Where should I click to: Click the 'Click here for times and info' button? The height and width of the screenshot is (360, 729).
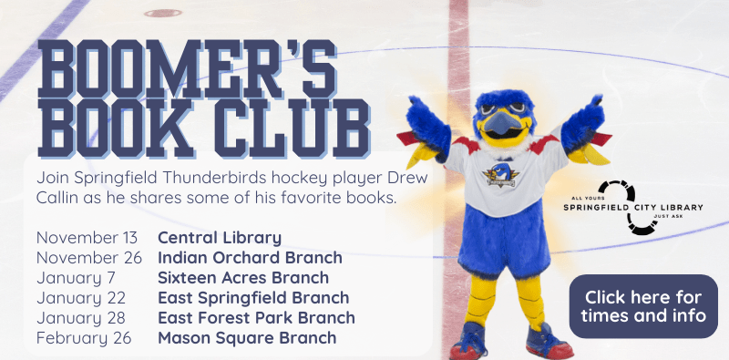644,306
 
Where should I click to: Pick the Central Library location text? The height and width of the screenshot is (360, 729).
220,238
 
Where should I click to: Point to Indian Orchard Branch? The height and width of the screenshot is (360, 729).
250,258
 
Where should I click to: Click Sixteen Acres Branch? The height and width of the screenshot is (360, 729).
243,278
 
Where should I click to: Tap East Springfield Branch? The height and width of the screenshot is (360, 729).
253,298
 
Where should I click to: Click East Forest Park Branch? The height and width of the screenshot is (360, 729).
256,318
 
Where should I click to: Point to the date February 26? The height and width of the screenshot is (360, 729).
84,338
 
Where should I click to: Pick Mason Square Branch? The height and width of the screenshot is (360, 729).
247,338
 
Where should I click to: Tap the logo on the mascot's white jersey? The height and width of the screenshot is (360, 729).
498,174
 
